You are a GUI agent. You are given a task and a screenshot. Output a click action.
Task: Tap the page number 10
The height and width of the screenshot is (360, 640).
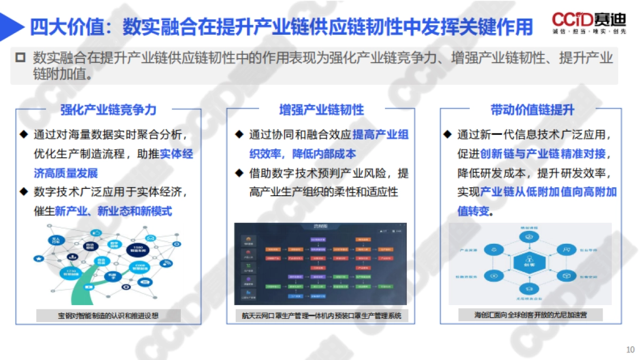(630, 350)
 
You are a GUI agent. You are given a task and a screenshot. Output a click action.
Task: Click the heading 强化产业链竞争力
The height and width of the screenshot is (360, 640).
(108, 110)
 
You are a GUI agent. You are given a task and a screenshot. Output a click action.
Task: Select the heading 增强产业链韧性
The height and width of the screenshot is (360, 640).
(321, 110)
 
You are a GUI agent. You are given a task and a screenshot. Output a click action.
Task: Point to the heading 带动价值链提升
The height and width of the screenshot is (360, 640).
(532, 110)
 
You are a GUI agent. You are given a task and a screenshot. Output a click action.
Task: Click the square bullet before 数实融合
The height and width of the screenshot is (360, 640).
(21, 58)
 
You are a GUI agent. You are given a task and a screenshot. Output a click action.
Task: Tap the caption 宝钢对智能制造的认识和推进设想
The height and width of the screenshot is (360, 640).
(108, 316)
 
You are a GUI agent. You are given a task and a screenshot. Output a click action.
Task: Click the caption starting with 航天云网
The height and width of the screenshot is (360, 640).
(321, 316)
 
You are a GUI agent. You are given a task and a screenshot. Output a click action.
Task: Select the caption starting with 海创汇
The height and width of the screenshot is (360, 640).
(531, 315)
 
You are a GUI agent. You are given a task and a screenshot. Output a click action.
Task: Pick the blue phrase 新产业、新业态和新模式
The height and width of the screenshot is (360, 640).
(114, 211)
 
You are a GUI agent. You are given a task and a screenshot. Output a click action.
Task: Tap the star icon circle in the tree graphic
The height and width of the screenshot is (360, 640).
(39, 259)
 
